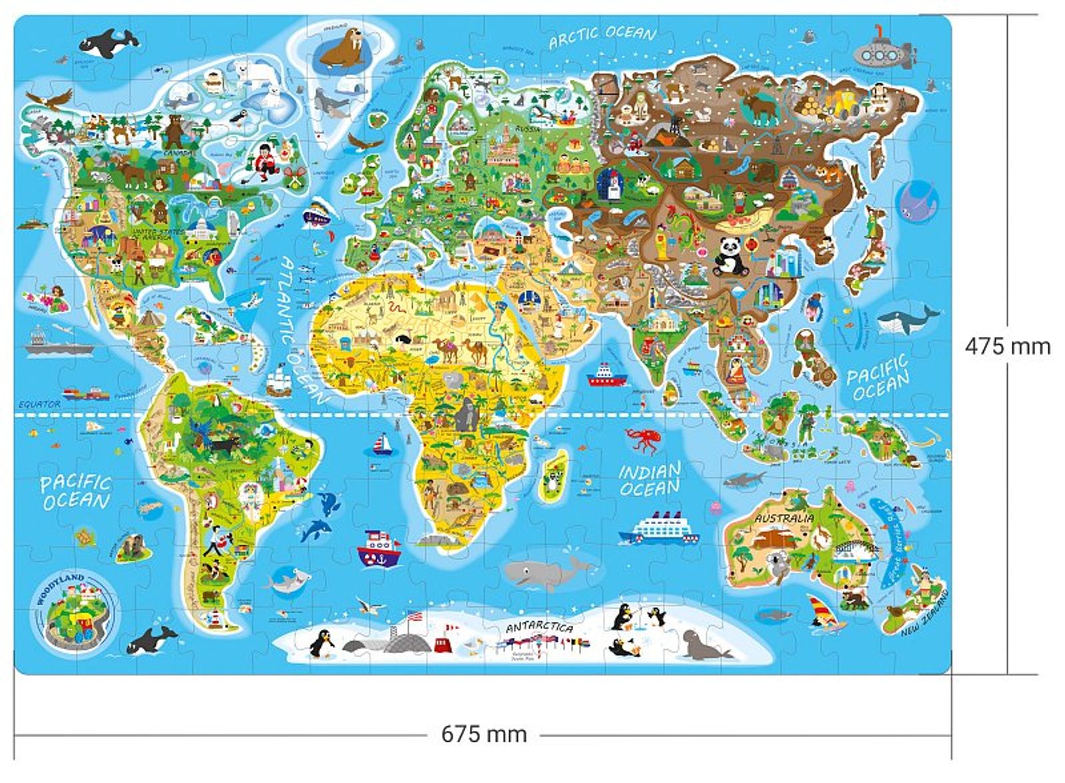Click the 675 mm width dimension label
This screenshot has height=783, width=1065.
click(x=484, y=734)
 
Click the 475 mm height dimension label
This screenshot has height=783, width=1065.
click(x=1007, y=346)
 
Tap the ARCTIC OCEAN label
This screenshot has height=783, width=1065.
click(x=602, y=36)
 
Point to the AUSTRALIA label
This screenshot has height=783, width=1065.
click(x=783, y=517)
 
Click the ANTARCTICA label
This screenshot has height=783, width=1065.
click(x=539, y=627)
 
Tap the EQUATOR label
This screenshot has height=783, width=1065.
click(x=39, y=404)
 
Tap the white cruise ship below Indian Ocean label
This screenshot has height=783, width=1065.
click(x=658, y=529)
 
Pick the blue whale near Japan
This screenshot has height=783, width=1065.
click(x=908, y=320)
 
